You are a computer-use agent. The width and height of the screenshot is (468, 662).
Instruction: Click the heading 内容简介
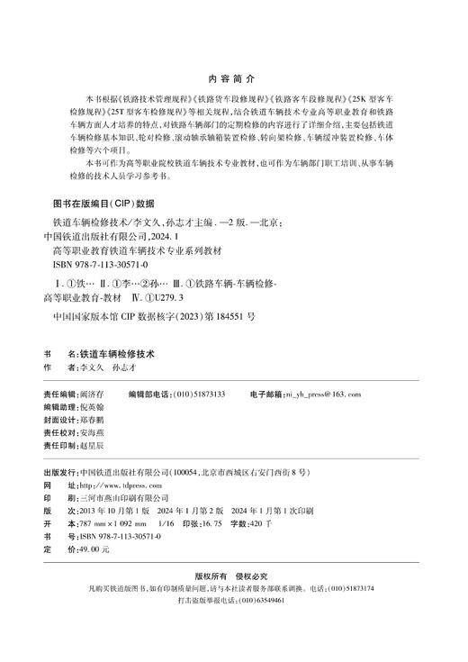[x=232, y=77]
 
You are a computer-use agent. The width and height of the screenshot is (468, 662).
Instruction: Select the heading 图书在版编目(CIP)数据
[x=104, y=203]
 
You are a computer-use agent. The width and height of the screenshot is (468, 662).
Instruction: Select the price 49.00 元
[x=94, y=549]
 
